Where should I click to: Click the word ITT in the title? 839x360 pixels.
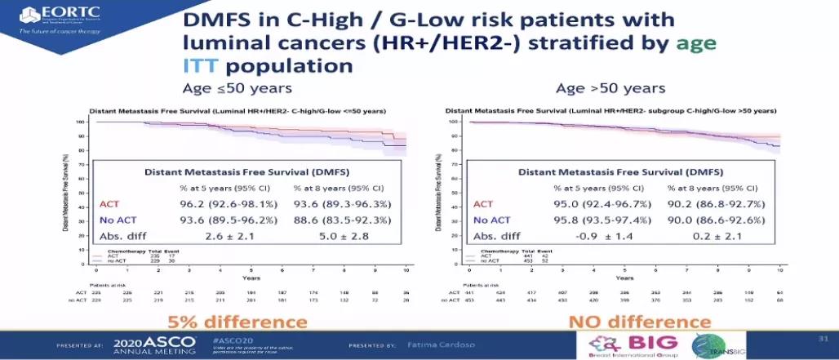(198, 66)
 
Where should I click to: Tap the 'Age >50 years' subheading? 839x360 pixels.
(610, 88)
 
